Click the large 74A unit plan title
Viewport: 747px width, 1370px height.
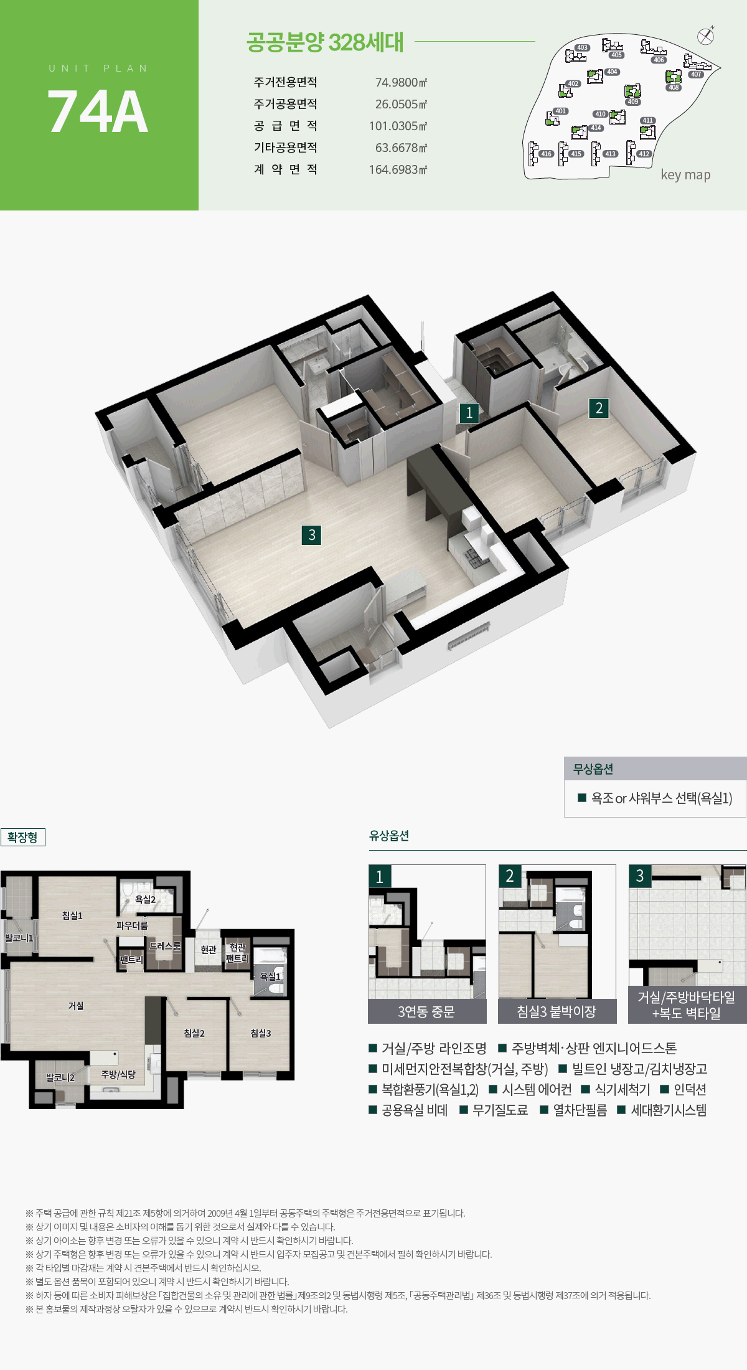(x=98, y=111)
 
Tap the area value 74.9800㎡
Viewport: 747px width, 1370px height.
(x=401, y=82)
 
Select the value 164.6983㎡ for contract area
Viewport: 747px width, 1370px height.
(x=398, y=169)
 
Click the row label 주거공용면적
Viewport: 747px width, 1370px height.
(x=285, y=104)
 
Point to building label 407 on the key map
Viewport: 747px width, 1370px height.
(x=696, y=74)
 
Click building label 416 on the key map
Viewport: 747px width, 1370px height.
(x=546, y=154)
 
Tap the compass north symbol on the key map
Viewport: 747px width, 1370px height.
(x=705, y=36)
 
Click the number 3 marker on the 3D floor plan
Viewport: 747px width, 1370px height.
(x=311, y=534)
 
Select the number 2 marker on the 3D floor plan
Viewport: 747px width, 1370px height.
(x=599, y=408)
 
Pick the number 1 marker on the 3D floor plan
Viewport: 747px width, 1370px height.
(x=469, y=412)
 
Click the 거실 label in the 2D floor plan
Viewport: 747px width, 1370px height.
(x=76, y=1006)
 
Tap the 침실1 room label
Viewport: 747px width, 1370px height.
(x=72, y=915)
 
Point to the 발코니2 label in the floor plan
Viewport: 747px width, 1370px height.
(x=60, y=1077)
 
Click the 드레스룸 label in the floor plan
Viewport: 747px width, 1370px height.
(x=165, y=946)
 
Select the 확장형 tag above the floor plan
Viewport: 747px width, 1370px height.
(x=23, y=837)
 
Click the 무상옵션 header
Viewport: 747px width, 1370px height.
(x=593, y=769)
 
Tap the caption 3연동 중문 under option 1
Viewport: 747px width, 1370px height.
(x=426, y=1012)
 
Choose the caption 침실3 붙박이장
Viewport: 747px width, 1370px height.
(x=557, y=1012)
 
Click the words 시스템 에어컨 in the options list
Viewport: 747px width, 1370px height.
(x=537, y=1089)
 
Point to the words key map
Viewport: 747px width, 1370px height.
(x=685, y=175)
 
